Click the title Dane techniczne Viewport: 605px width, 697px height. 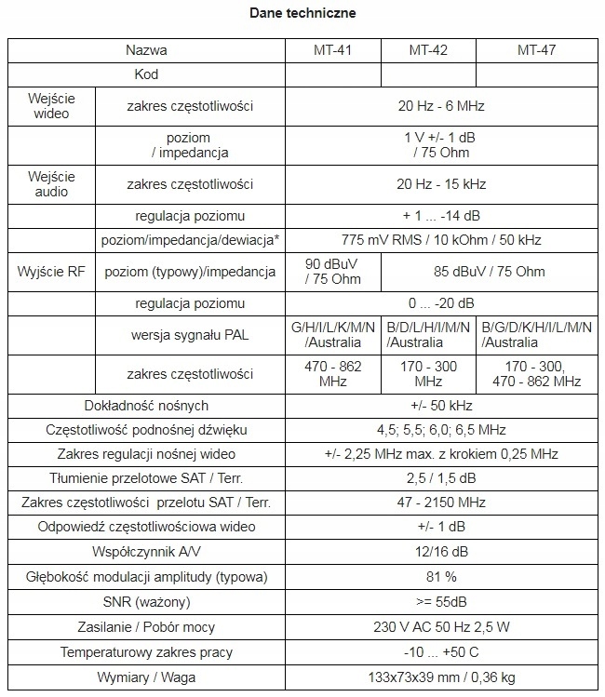point(302,14)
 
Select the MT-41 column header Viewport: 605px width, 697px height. point(332,50)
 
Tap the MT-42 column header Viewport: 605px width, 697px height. point(428,50)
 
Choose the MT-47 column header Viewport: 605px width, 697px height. point(536,50)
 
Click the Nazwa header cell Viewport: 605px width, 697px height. point(147,50)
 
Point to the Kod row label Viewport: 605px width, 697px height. point(147,73)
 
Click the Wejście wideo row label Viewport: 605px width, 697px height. point(52,106)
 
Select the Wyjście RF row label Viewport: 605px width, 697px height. point(52,272)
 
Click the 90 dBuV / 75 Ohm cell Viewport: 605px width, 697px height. point(332,272)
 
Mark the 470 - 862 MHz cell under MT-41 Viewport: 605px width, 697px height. point(332,374)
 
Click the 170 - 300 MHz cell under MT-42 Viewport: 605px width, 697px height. point(428,374)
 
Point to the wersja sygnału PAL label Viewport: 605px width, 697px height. point(190,335)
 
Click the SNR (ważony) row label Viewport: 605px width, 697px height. point(147,601)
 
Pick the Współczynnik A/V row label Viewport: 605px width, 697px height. point(147,552)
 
